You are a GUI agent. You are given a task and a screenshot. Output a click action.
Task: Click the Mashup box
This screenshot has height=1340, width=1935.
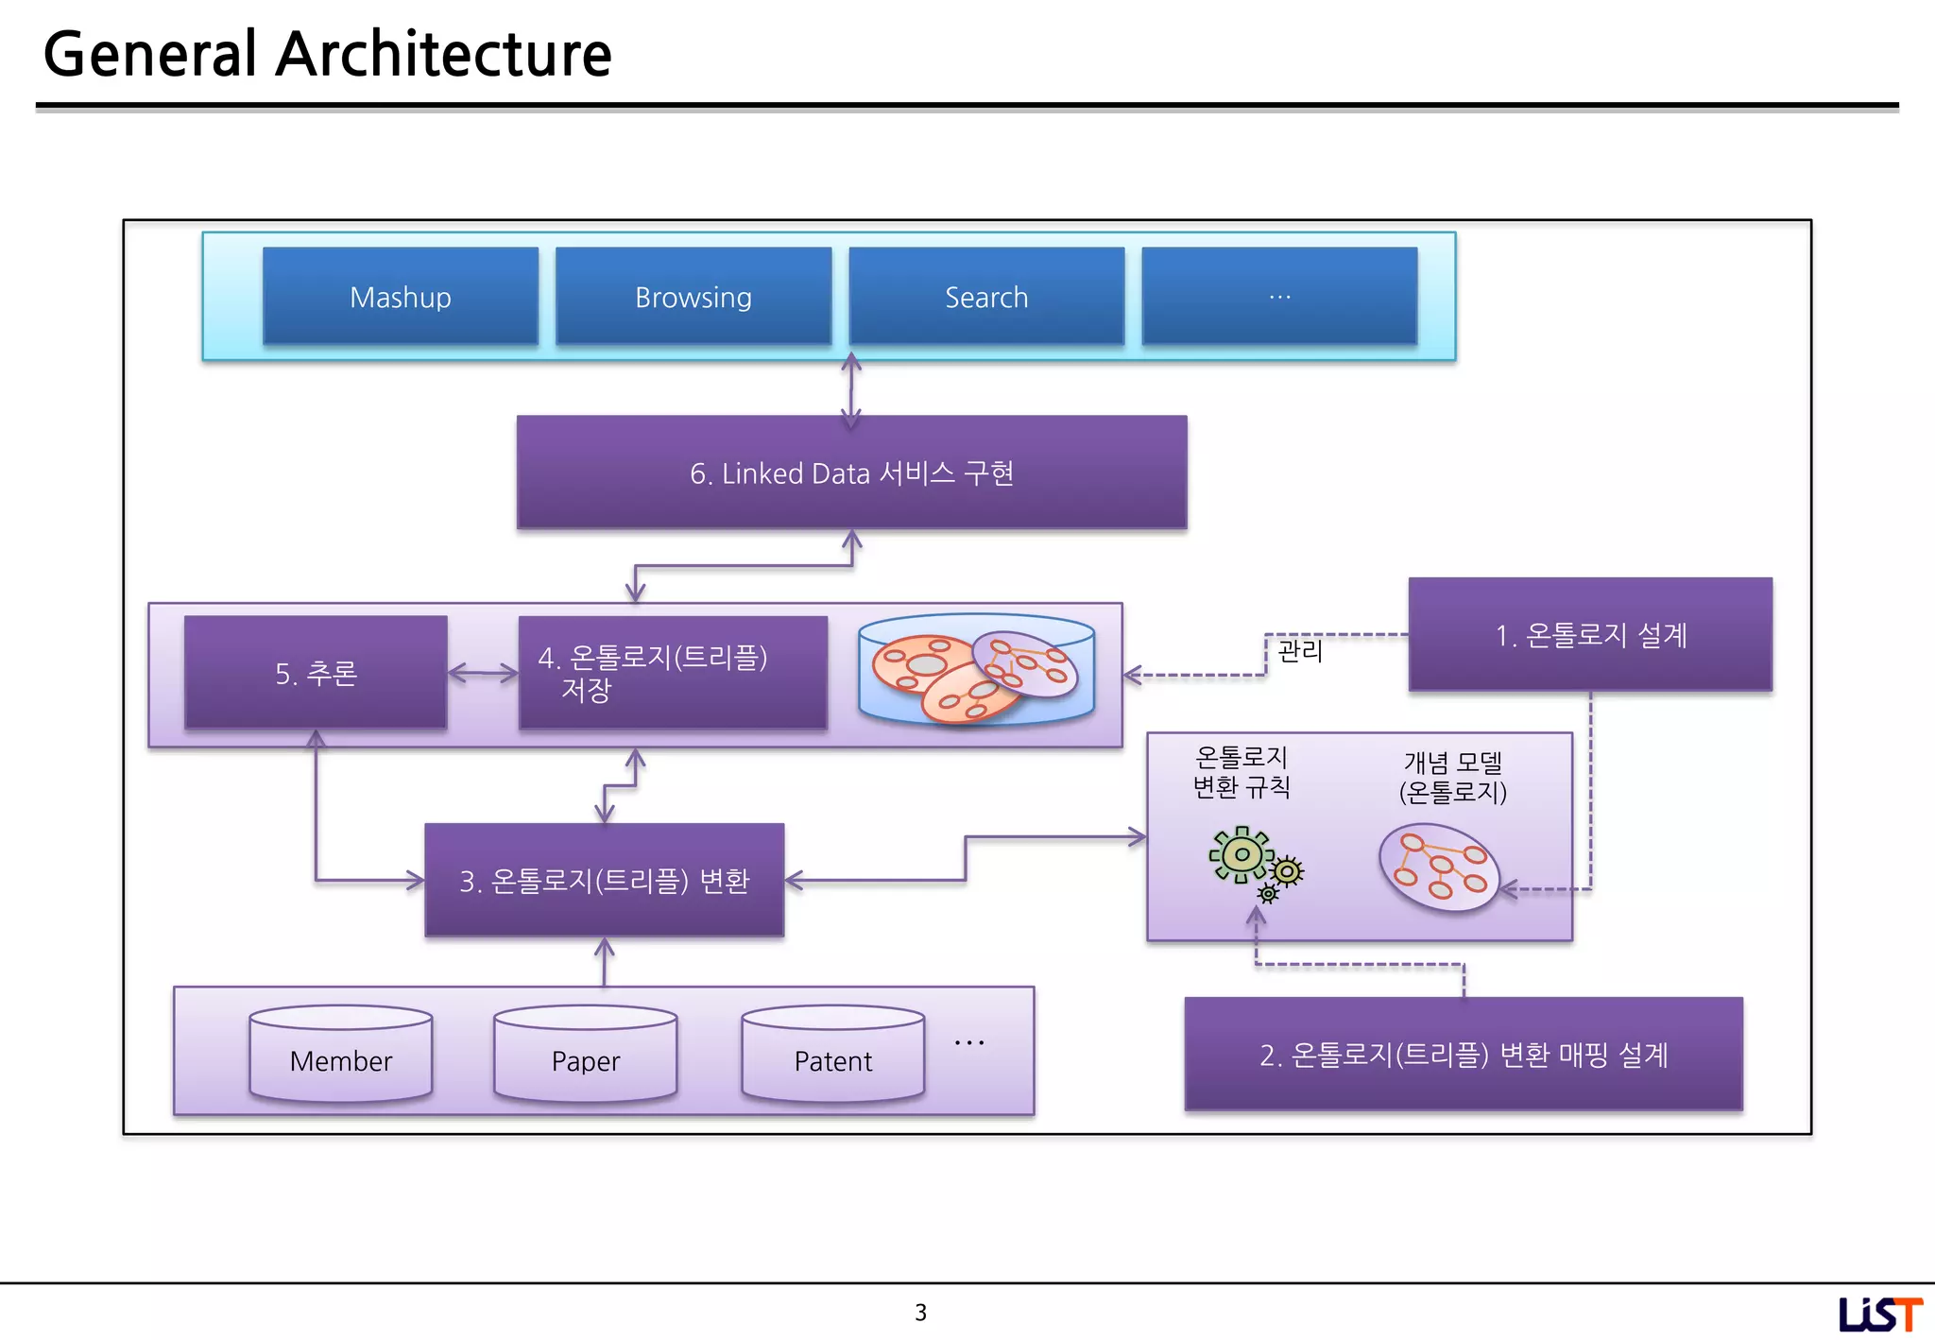[401, 296]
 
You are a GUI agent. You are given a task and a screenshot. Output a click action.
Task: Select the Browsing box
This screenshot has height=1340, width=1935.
[694, 296]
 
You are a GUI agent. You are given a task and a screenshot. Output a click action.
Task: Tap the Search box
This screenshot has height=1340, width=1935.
[986, 296]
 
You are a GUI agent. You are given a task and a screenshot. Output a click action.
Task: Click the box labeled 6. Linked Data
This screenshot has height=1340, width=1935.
[851, 472]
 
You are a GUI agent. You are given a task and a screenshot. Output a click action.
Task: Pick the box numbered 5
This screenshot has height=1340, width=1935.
[316, 672]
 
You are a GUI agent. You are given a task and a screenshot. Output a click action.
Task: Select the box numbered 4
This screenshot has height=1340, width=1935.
[673, 672]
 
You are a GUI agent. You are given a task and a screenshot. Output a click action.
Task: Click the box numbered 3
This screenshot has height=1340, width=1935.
[605, 880]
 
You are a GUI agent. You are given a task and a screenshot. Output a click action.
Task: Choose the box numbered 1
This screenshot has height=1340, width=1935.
[1590, 634]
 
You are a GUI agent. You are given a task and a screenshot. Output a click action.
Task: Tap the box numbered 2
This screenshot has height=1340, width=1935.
[1464, 1054]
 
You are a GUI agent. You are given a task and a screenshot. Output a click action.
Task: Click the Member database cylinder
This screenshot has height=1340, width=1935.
[341, 1054]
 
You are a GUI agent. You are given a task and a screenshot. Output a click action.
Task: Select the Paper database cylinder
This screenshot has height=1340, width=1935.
[586, 1054]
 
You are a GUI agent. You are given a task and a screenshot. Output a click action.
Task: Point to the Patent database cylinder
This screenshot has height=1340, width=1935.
[833, 1054]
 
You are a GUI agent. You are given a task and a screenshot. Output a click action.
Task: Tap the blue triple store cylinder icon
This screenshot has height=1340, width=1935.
[977, 669]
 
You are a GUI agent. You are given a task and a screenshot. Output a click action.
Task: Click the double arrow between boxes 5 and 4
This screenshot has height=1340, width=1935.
[483, 673]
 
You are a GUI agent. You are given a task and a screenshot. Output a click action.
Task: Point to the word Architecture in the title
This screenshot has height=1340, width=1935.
[443, 54]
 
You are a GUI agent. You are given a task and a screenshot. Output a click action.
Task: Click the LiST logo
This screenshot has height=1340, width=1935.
[1880, 1314]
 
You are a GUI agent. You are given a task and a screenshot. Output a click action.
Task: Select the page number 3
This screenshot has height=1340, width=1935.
[921, 1312]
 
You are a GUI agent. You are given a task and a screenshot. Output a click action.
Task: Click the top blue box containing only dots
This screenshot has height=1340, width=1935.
[1279, 296]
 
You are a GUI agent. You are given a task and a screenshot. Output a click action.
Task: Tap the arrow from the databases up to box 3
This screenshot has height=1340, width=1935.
[605, 962]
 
